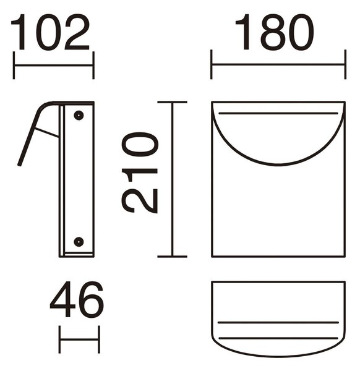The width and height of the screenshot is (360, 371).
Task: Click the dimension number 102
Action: [x=50, y=32]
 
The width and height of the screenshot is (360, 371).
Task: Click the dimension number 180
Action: [x=275, y=32]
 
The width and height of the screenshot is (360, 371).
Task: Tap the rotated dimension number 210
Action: [x=139, y=173]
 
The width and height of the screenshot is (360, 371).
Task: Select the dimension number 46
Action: [x=77, y=299]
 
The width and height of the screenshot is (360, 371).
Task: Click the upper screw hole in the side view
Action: [x=79, y=116]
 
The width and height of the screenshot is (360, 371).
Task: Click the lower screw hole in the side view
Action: [x=79, y=242]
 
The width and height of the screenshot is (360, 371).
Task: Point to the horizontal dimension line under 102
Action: [x=54, y=66]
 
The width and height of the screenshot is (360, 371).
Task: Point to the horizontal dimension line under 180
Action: [x=278, y=64]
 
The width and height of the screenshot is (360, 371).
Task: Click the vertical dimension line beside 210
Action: [x=173, y=179]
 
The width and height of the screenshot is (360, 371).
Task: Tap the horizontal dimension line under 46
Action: [x=79, y=339]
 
